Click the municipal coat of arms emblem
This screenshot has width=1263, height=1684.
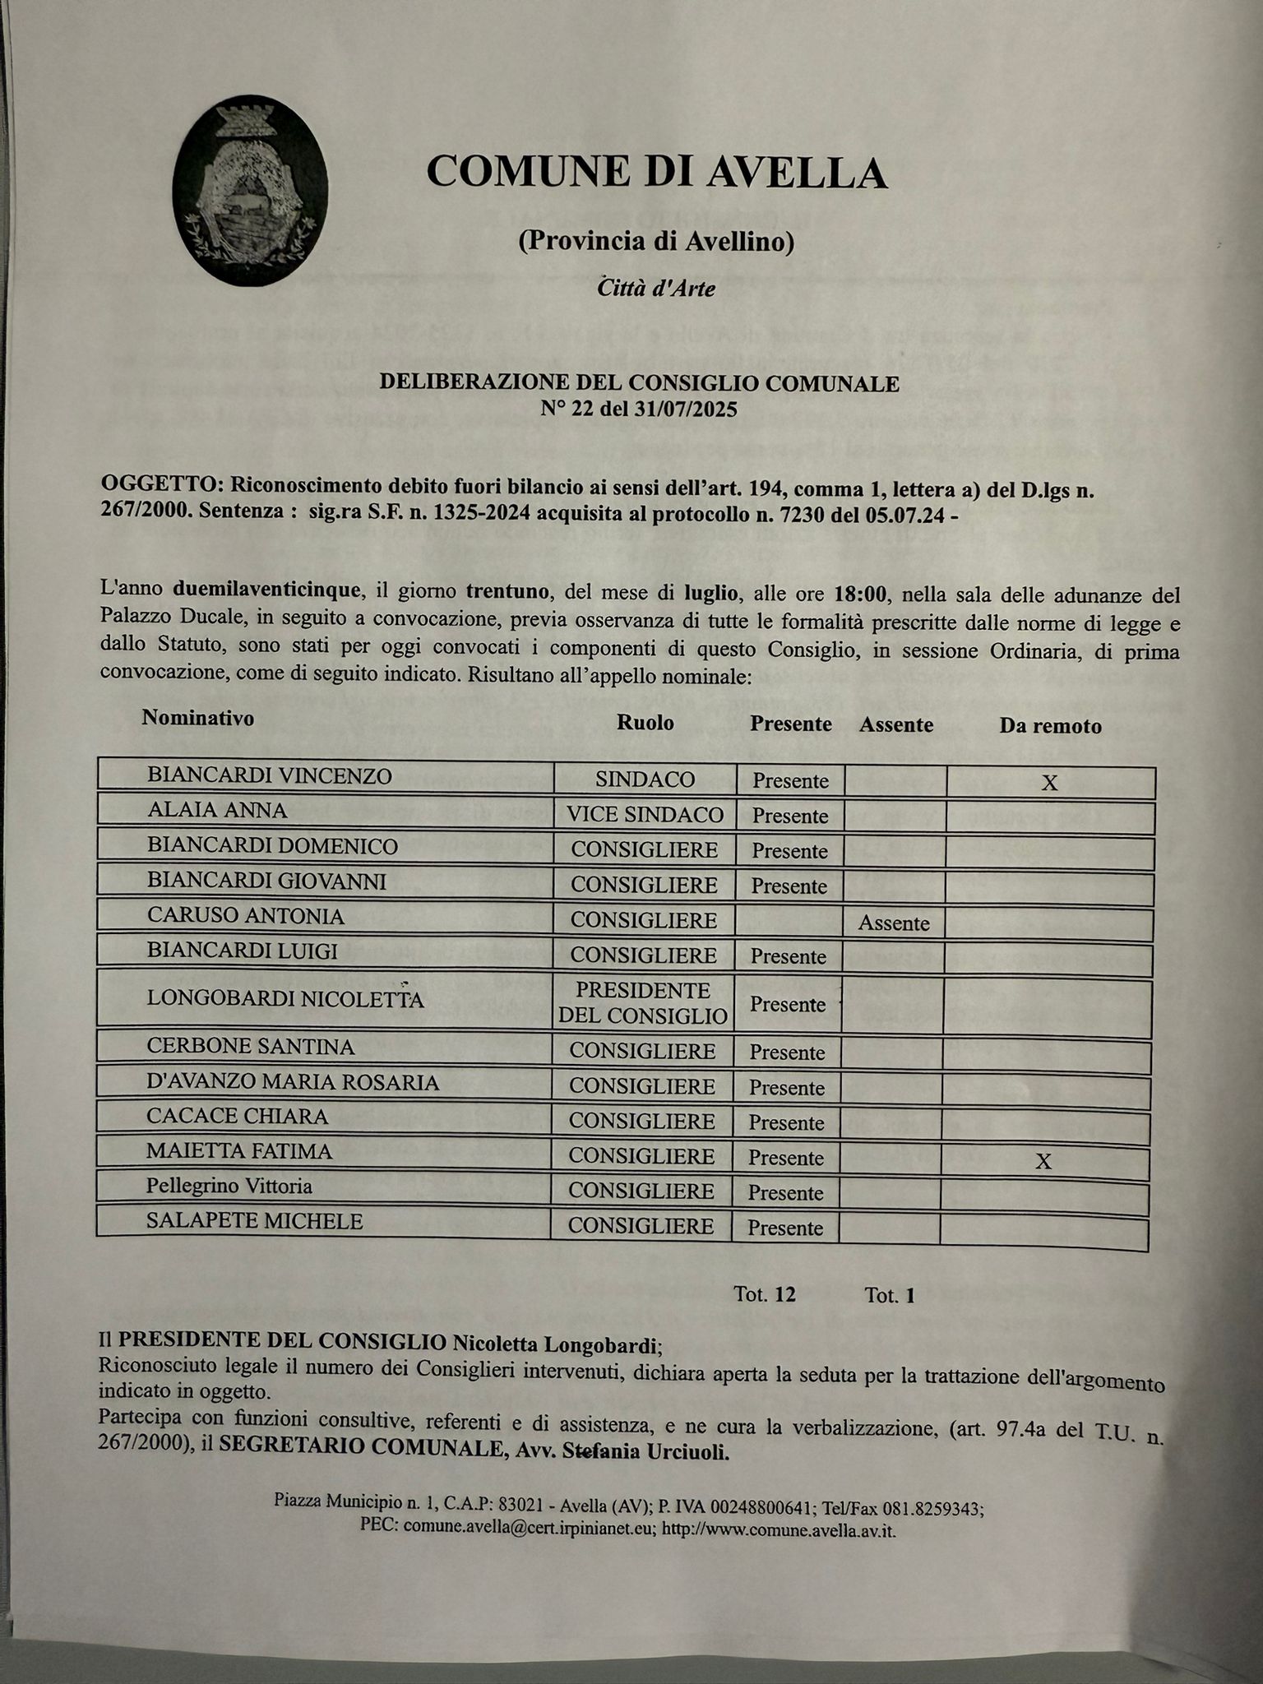pos(250,191)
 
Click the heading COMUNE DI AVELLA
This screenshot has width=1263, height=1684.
pos(657,173)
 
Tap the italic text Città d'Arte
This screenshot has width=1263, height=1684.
pos(656,288)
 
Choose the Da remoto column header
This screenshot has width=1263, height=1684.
pos(1050,726)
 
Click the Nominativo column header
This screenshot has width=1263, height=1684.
pos(198,718)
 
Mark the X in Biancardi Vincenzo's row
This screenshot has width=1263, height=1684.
pos(1049,783)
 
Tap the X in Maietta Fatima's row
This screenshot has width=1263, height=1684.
pos(1043,1161)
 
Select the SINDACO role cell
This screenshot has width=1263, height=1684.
pos(645,779)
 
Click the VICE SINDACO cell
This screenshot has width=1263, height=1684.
pos(645,815)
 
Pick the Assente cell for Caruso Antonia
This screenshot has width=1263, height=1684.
pos(894,923)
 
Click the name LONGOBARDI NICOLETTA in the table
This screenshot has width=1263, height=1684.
pos(285,999)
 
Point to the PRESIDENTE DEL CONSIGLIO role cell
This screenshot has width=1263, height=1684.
pos(643,1002)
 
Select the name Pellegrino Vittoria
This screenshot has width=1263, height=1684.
pos(229,1187)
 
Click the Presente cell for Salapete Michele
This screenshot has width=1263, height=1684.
pos(785,1228)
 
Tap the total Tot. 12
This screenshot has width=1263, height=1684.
pos(765,1295)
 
